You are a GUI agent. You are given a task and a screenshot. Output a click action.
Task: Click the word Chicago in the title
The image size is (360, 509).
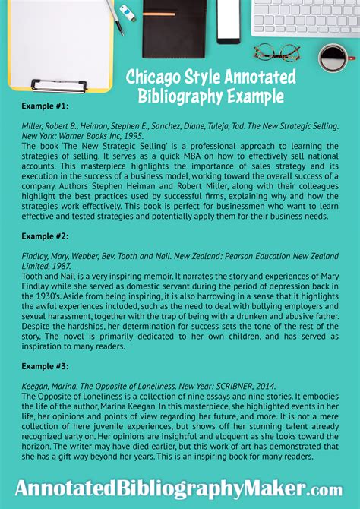coord(150,77)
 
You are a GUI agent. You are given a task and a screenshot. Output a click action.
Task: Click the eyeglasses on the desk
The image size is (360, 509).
coord(277,52)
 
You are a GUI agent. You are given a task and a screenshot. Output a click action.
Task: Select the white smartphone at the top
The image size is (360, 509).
coord(228,20)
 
